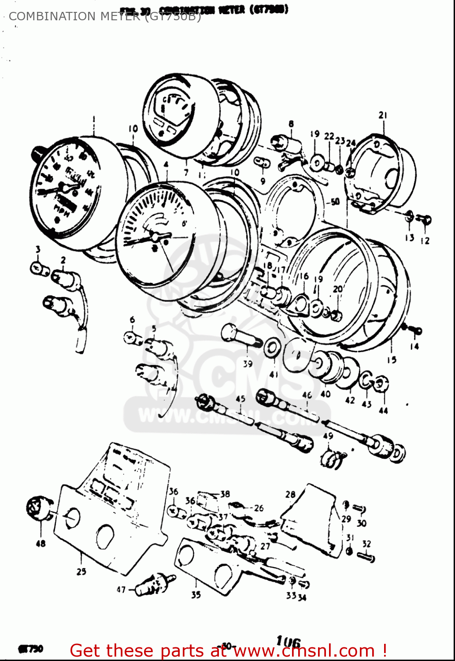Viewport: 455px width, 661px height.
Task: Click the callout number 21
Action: [382, 115]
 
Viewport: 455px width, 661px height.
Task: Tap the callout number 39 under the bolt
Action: [248, 364]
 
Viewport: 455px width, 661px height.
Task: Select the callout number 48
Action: [41, 543]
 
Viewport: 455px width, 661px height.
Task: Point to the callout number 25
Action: [81, 572]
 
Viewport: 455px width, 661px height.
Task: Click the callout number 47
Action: [121, 590]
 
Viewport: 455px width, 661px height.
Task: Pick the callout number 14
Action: [414, 346]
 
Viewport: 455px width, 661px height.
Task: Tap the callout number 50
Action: [335, 202]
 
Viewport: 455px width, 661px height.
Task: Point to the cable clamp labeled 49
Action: [333, 458]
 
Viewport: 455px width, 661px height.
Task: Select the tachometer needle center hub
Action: [155, 237]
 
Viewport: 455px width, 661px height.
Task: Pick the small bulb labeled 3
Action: [40, 268]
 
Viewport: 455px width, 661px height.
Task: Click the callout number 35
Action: [196, 594]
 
